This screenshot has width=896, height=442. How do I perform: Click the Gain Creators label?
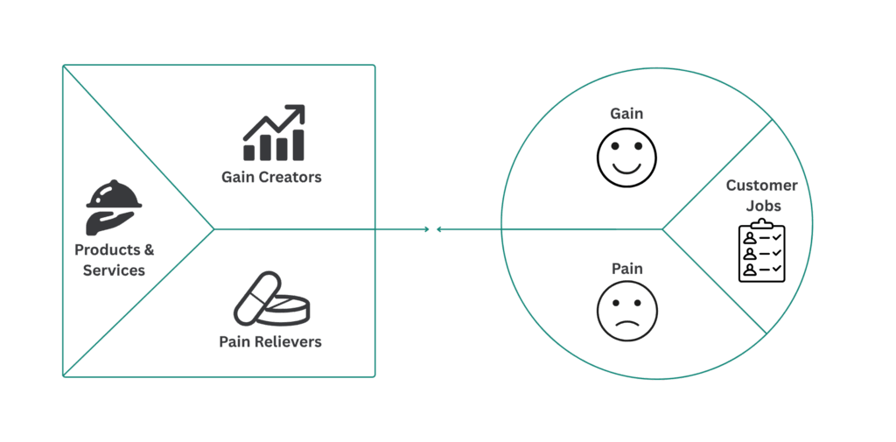click(271, 177)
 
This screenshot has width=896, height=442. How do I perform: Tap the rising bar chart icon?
click(274, 133)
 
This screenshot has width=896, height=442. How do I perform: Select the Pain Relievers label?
click(270, 341)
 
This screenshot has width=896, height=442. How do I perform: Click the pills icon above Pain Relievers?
click(271, 299)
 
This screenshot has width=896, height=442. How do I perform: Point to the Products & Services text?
click(114, 260)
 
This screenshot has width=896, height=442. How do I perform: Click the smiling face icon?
click(626, 157)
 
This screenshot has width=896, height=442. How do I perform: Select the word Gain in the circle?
click(626, 115)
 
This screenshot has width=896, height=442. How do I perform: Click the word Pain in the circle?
click(626, 270)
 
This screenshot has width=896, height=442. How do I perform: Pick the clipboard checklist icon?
click(761, 251)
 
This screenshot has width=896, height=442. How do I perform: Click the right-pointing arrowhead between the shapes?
click(427, 229)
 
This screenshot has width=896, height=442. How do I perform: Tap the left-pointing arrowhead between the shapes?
click(438, 229)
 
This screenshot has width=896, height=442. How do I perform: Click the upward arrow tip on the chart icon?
click(300, 109)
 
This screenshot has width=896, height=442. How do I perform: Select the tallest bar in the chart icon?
click(299, 145)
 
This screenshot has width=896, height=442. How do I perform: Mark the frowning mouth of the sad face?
click(626, 323)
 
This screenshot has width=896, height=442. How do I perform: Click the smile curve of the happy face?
click(626, 167)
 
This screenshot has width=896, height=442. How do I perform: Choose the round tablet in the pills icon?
click(288, 309)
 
